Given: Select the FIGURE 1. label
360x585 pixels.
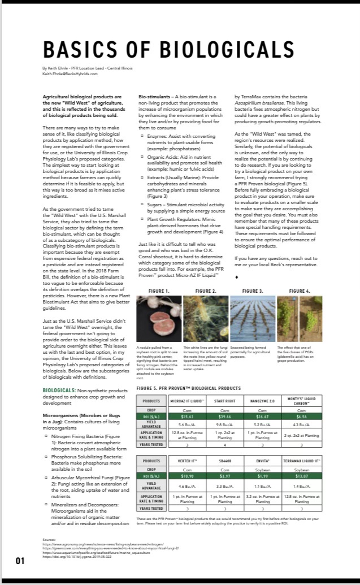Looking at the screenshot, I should pos(159,291).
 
